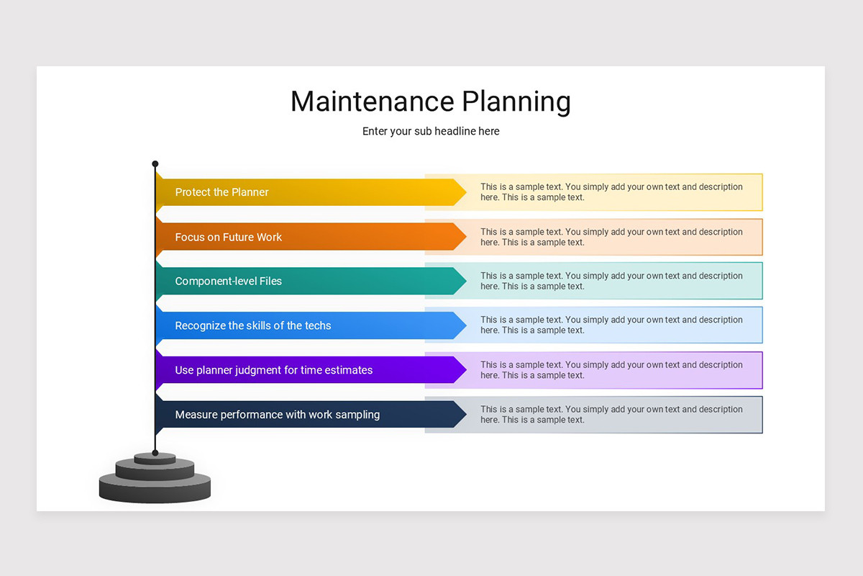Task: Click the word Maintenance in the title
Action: click(x=373, y=102)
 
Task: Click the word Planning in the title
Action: click(x=516, y=102)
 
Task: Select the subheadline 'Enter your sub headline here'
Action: click(x=431, y=131)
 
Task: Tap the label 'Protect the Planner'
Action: click(x=222, y=192)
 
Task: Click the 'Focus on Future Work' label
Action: click(x=229, y=237)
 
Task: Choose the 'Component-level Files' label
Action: click(x=229, y=281)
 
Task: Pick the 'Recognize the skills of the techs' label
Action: click(x=253, y=325)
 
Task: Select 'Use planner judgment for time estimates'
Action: click(x=274, y=370)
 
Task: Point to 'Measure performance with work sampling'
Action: click(x=278, y=415)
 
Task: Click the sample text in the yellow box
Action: click(x=611, y=192)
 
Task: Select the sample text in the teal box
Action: click(x=611, y=281)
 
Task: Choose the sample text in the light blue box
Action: click(x=611, y=325)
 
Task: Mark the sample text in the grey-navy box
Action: click(x=611, y=415)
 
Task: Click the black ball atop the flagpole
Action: click(x=155, y=164)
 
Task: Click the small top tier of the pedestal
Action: click(x=155, y=458)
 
